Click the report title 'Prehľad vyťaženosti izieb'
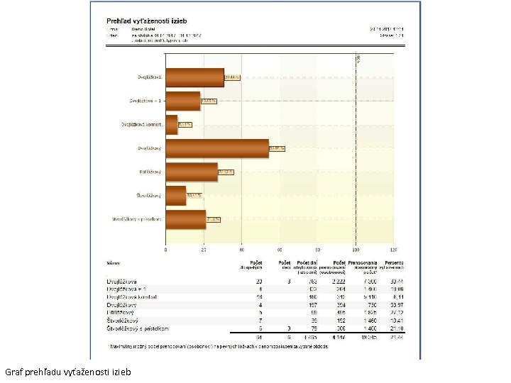(143, 21)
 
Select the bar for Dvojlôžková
(194, 77)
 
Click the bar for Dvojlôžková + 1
(183, 101)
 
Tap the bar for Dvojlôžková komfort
(172, 124)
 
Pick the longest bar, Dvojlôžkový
(217, 148)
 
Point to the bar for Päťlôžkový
(192, 172)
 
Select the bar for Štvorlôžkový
(176, 195)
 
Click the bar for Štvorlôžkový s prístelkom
(186, 219)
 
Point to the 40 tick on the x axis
(241, 250)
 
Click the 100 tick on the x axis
(356, 250)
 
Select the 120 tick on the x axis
(392, 250)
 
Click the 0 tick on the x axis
(166, 250)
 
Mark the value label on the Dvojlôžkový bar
(277, 148)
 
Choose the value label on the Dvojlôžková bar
(232, 77)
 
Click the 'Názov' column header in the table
(113, 262)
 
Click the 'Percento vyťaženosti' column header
(395, 266)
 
